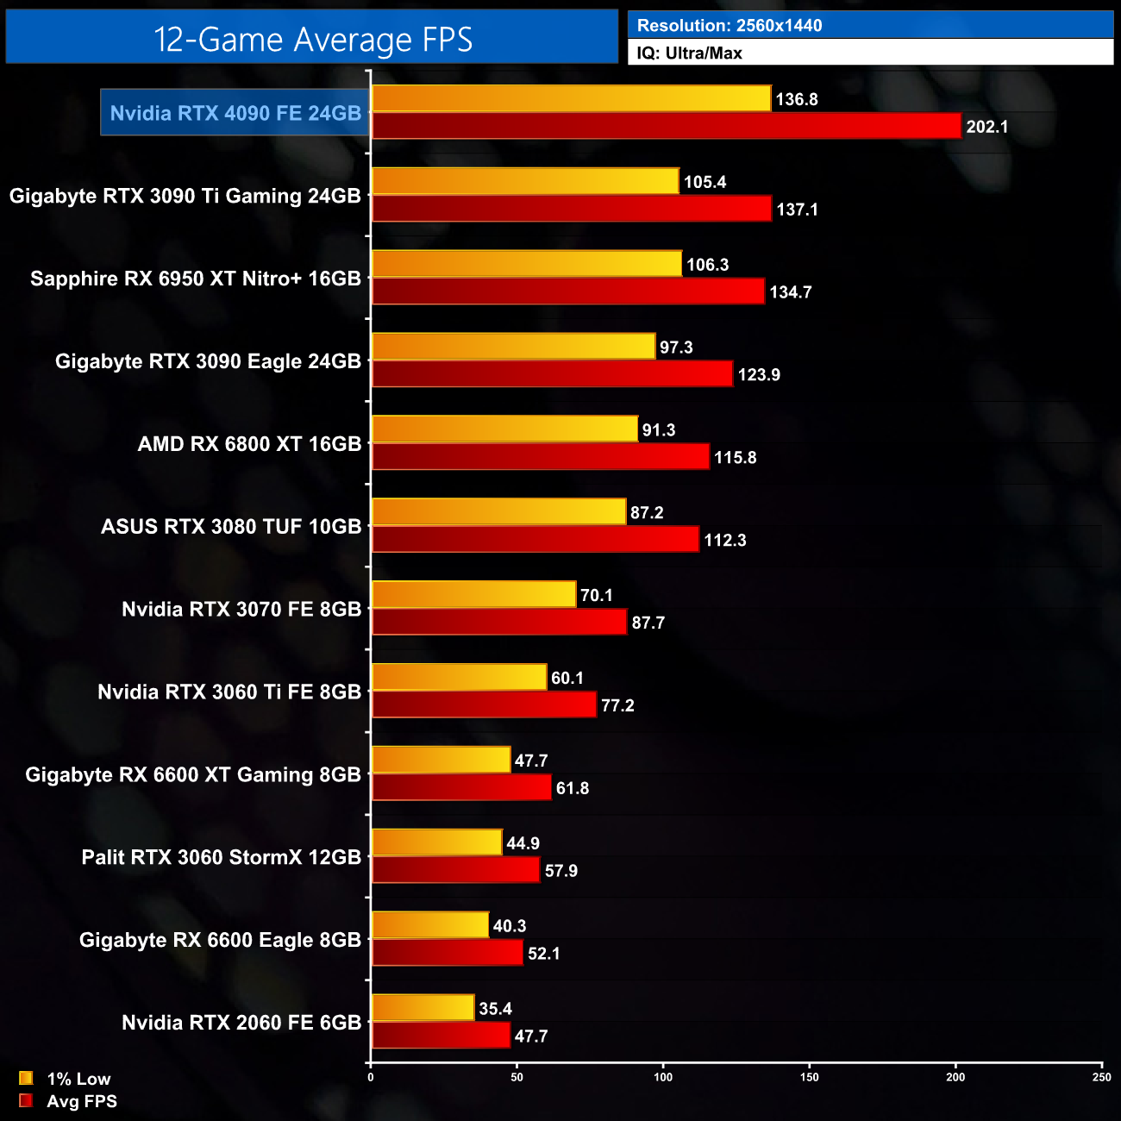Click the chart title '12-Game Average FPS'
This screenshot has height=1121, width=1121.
pyautogui.click(x=312, y=40)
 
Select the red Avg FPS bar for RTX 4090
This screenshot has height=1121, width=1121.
pyautogui.click(x=666, y=126)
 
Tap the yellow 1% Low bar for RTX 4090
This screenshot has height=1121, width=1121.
pyautogui.click(x=571, y=98)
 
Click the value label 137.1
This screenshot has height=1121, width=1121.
pyautogui.click(x=797, y=210)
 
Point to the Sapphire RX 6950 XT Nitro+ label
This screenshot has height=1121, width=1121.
pyautogui.click(x=196, y=279)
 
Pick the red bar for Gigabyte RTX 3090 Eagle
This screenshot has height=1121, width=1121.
pyautogui.click(x=552, y=374)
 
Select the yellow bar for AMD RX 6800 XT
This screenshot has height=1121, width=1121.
pyautogui.click(x=504, y=429)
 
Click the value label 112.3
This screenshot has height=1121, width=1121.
pyautogui.click(x=724, y=541)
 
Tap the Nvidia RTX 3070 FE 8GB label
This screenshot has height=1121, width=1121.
pyautogui.click(x=241, y=610)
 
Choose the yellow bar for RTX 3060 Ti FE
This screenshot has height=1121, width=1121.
pyautogui.click(x=459, y=678)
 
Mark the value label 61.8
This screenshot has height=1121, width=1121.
pyautogui.click(x=573, y=788)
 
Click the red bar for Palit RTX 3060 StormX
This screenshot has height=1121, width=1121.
pyautogui.click(x=455, y=870)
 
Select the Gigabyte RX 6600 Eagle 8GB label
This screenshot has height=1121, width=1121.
pyautogui.click(x=220, y=940)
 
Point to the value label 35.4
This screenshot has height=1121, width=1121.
pyautogui.click(x=495, y=1009)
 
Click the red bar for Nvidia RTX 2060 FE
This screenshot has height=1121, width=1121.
pyautogui.click(x=441, y=1036)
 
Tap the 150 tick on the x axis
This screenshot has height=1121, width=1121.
pyautogui.click(x=809, y=1077)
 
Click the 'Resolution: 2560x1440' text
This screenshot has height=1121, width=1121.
pyautogui.click(x=730, y=26)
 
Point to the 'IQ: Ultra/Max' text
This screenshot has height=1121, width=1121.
pyautogui.click(x=689, y=53)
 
